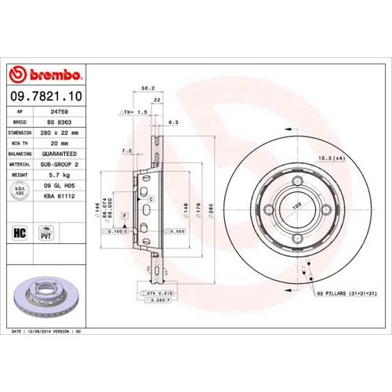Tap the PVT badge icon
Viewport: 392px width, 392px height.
click(x=45, y=233)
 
